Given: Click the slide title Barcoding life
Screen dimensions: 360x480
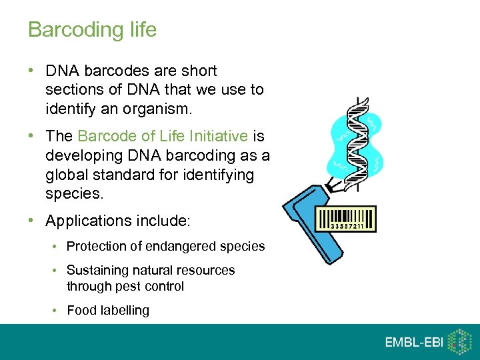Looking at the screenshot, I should pos(92,30).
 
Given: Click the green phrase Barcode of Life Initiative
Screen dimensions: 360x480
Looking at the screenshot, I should pos(163,137).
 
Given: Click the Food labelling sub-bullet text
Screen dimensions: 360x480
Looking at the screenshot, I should pos(108,310).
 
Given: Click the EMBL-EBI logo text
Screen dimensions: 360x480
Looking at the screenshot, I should pos(413,342).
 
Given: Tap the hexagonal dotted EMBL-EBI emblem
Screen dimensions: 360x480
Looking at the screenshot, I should pos(459,341).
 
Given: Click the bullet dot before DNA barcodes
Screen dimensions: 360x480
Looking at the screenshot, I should pos(33,71).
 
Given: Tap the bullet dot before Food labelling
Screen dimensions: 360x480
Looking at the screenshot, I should pos(55,310).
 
